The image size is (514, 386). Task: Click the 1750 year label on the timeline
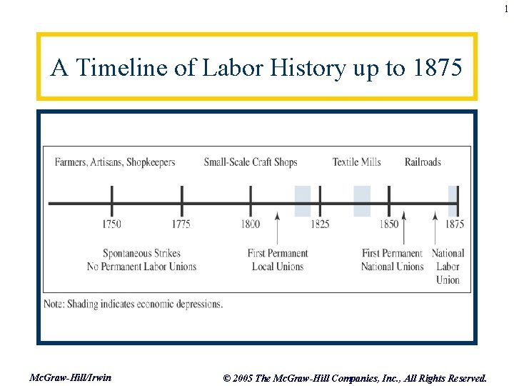[x=111, y=224]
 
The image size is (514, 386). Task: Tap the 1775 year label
[x=181, y=224]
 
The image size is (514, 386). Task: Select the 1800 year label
[x=251, y=224]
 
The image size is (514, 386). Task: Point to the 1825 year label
[x=320, y=224]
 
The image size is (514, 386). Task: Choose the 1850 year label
[x=388, y=224]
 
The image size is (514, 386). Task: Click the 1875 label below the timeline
[x=454, y=224]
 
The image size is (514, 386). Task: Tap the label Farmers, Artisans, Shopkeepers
[x=115, y=162]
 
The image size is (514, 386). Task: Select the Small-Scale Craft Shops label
[x=251, y=162]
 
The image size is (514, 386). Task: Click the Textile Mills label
[x=356, y=162]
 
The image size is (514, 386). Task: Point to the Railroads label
[x=423, y=162]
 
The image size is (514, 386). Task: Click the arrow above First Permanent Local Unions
[x=277, y=228]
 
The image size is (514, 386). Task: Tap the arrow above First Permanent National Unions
[x=403, y=228]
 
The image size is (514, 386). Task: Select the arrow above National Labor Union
[x=436, y=228]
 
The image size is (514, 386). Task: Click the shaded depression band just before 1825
[x=303, y=201]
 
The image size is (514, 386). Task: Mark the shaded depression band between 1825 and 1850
[x=362, y=201]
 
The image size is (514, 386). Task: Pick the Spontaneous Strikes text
[x=142, y=253]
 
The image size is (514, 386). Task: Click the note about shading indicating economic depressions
[x=133, y=304]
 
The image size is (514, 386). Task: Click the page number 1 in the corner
[x=506, y=9]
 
